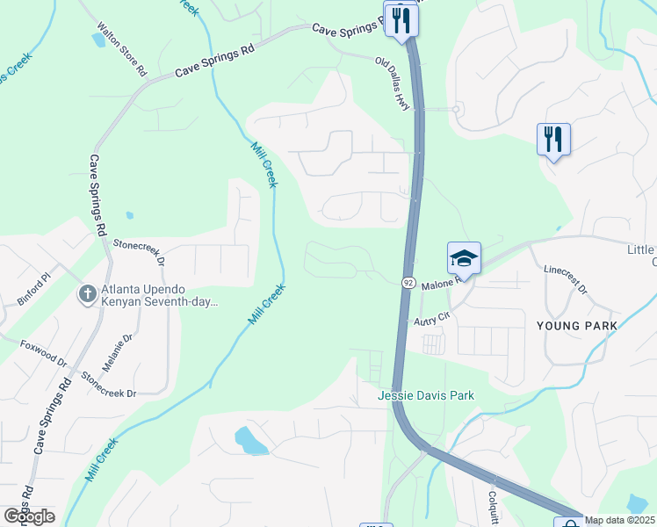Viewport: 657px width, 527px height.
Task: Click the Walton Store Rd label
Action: coord(120,50)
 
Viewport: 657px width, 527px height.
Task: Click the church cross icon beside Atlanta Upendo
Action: coord(88,293)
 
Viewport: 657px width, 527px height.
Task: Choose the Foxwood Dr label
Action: coord(44,354)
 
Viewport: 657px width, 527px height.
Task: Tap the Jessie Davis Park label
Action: coord(426,395)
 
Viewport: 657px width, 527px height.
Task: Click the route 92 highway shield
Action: coord(409,283)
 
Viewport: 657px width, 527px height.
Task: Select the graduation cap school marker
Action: coord(464,258)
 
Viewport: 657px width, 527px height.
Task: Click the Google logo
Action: coord(29,516)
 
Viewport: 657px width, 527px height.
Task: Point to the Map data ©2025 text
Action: coord(618,520)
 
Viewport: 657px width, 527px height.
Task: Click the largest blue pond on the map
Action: coord(252,441)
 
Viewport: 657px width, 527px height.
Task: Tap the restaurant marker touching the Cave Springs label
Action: coord(401,19)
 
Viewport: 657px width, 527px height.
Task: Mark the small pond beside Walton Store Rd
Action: coord(97,40)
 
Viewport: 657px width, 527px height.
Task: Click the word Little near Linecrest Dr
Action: coord(640,249)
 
